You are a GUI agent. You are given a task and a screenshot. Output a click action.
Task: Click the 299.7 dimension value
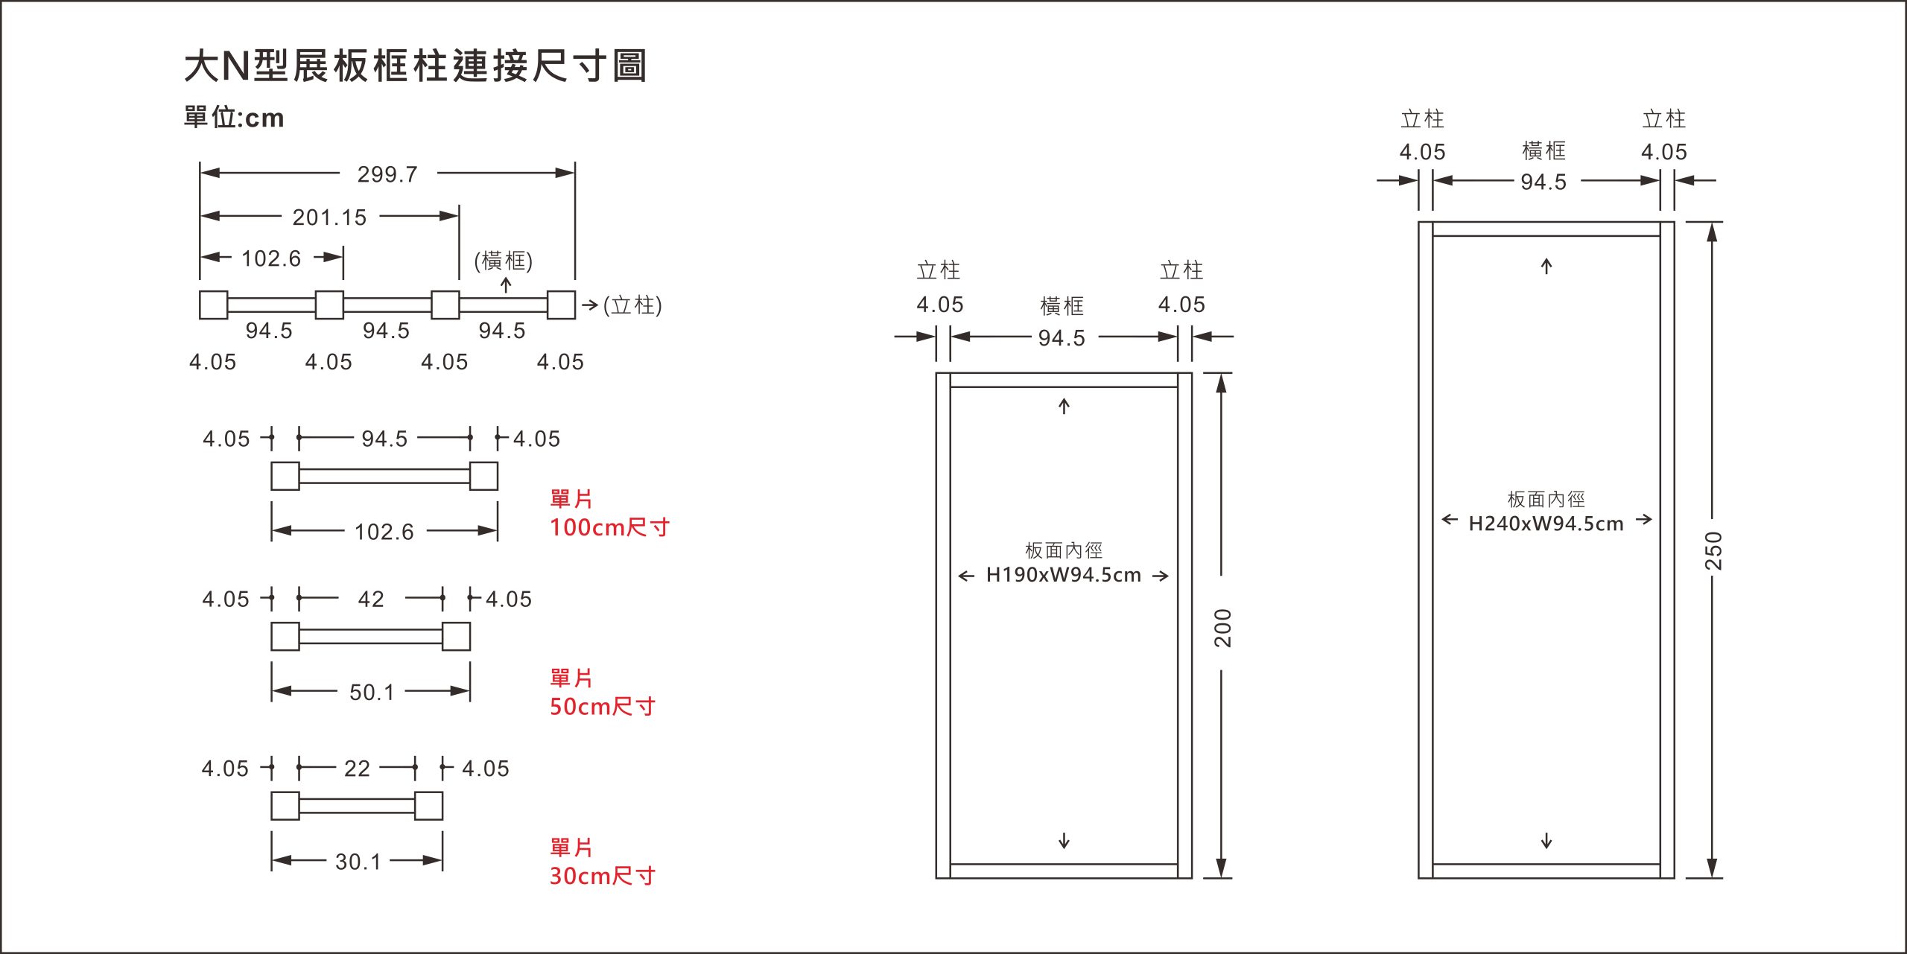coord(387,174)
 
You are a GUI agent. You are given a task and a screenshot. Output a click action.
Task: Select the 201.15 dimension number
coord(329,217)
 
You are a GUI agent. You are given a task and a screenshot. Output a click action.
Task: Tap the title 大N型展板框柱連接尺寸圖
coord(415,66)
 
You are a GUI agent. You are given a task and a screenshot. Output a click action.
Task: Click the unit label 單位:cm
coord(234,118)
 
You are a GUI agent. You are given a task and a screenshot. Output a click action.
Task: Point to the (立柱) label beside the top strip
coord(632,305)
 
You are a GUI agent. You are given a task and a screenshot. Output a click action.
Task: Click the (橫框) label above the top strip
coord(504,261)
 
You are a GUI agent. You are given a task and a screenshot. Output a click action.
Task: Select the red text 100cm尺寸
coord(609,527)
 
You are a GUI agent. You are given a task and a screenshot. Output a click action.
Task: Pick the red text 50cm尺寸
coord(602,706)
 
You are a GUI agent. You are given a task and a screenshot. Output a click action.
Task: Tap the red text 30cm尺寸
coord(602,876)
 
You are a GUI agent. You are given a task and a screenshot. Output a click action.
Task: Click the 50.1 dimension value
coord(372,693)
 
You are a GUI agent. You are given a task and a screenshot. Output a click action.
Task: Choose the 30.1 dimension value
coord(358,862)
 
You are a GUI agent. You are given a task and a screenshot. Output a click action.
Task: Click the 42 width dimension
coord(371,600)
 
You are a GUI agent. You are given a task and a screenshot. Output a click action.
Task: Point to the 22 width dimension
coord(357,769)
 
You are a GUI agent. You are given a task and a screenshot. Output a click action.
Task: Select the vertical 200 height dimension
coord(1222,627)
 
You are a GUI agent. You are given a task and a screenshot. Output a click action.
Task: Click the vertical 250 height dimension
coord(1713,550)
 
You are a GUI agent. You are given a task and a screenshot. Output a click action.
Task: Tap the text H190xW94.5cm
coord(1063,575)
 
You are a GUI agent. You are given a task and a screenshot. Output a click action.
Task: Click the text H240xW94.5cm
coord(1546,524)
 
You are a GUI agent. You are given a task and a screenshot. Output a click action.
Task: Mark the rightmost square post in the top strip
coord(561,305)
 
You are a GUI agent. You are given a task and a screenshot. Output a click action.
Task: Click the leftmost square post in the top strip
coord(213,305)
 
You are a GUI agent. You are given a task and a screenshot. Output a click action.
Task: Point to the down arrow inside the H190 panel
coord(1064,841)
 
